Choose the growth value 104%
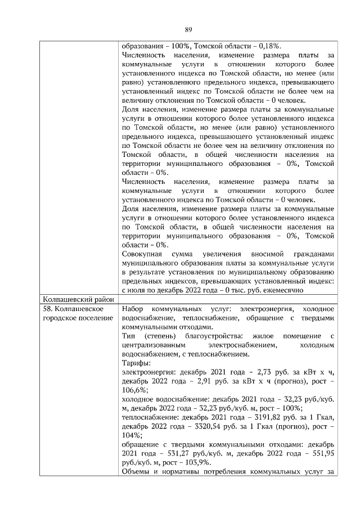(x=130, y=434)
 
